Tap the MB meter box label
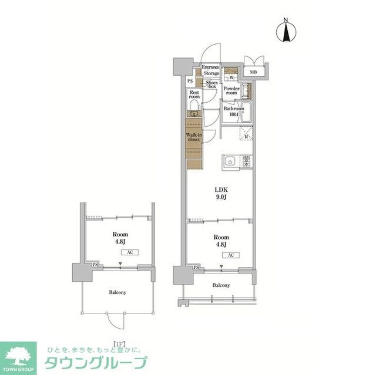click(254, 72)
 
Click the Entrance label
click(210, 67)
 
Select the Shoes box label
click(211, 84)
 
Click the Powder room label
click(231, 91)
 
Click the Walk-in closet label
click(194, 137)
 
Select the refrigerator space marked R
click(246, 137)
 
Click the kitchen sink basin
click(229, 161)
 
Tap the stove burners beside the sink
click(246, 161)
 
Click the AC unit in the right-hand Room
click(231, 255)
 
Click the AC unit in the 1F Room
click(129, 252)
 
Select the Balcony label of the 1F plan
click(117, 292)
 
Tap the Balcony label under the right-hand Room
click(221, 285)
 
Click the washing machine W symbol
click(231, 77)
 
